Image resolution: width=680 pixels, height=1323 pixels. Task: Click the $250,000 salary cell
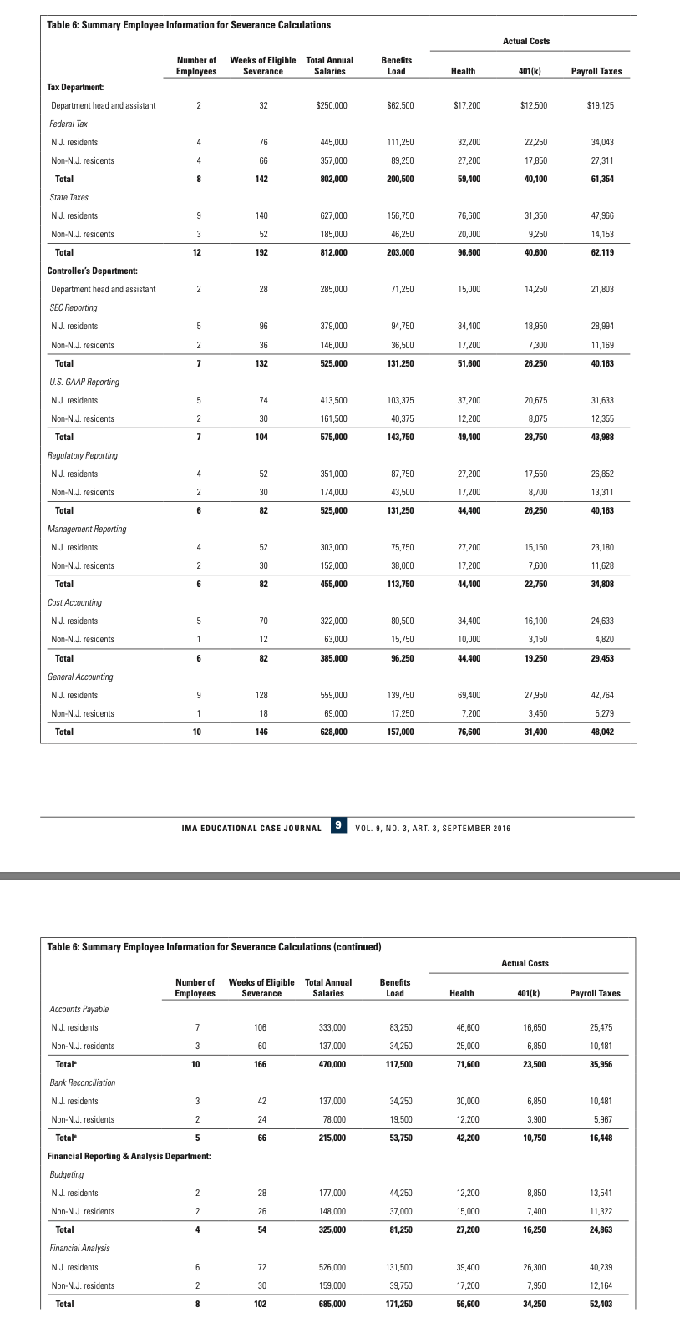click(x=332, y=106)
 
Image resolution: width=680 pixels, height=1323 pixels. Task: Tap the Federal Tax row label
click(x=69, y=124)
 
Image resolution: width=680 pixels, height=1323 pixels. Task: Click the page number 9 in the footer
click(x=338, y=825)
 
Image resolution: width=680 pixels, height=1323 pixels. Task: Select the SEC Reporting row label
click(x=74, y=307)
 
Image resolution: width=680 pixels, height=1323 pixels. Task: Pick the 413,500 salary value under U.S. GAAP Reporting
click(x=332, y=400)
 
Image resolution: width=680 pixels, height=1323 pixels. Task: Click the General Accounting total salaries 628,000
click(x=332, y=732)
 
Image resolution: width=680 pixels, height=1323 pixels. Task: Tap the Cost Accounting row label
click(x=76, y=602)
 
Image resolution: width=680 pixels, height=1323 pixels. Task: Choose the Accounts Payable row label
click(x=79, y=1009)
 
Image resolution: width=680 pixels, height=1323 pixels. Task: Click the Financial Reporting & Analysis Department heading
click(x=129, y=1156)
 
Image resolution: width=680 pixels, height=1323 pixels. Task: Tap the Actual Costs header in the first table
click(x=526, y=41)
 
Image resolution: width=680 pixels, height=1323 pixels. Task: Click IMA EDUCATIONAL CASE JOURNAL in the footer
click(x=251, y=828)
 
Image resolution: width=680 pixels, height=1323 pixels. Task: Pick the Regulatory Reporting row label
click(x=84, y=455)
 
